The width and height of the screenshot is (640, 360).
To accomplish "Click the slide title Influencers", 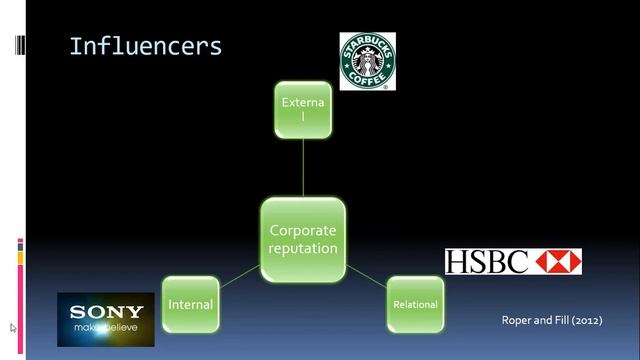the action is (x=146, y=47).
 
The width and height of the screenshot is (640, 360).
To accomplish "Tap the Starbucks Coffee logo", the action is (x=368, y=61).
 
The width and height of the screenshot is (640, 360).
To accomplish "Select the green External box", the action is (x=303, y=110).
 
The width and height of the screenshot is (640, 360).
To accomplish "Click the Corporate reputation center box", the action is (x=303, y=240).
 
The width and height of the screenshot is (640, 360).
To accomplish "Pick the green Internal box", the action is (x=191, y=304).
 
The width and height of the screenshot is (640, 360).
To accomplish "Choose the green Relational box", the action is (x=416, y=304).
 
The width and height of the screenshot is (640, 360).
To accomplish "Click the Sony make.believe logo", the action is (x=106, y=320).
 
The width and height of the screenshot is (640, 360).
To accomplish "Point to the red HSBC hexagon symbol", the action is (x=558, y=262).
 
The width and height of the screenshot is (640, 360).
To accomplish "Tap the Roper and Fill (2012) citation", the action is (x=552, y=320).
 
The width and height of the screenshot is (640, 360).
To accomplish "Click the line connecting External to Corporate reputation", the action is (x=303, y=168).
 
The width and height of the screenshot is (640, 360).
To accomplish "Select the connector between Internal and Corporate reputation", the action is (x=240, y=276).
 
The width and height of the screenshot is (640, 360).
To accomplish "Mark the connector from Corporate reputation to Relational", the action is (x=366, y=276).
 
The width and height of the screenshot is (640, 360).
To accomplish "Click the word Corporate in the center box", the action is (x=303, y=231).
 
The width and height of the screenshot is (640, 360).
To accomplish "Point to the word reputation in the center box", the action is (x=303, y=249).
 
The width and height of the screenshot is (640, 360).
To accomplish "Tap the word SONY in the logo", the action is (x=107, y=312).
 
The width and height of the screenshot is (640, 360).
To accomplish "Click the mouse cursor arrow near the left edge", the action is (x=13, y=328).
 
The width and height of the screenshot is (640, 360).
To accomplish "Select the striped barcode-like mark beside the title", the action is (x=20, y=45).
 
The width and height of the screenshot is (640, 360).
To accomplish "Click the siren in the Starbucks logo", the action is (x=368, y=61).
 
